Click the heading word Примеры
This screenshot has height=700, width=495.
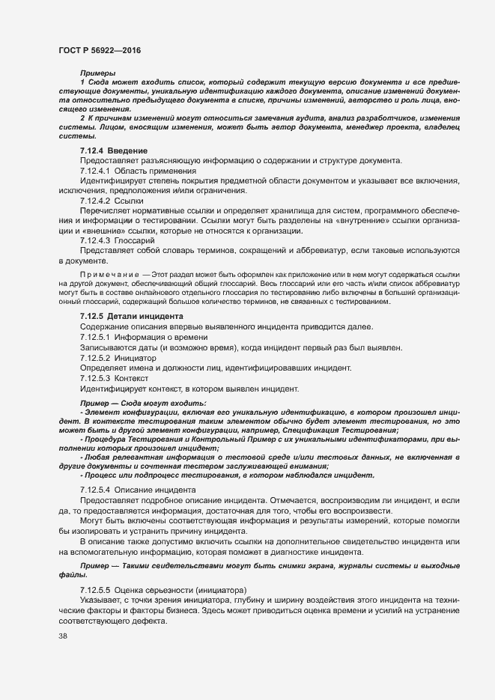pos(95,72)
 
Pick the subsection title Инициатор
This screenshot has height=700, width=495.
pos(137,359)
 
